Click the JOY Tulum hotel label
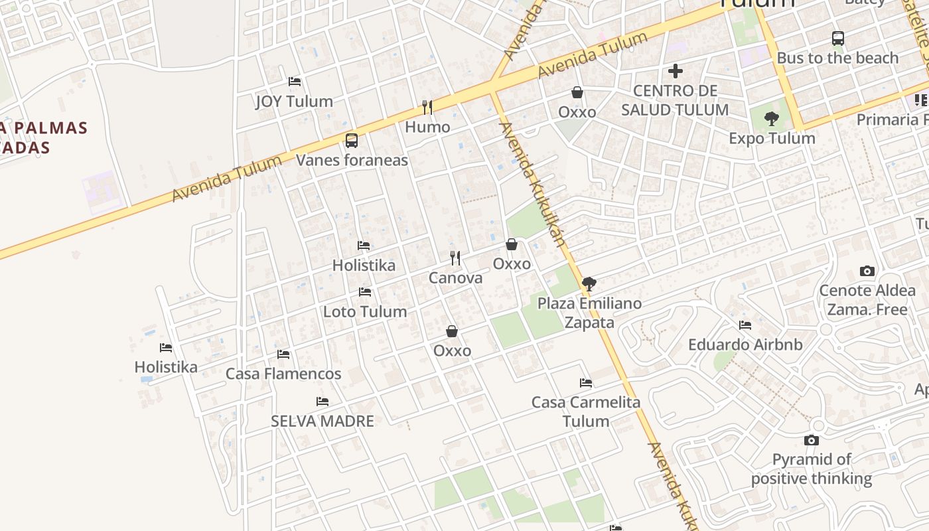294,102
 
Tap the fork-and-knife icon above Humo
427,107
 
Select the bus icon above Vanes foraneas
352,141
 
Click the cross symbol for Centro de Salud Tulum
676,71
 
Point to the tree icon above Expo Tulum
771,119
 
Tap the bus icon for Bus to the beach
838,38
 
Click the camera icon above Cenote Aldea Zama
867,271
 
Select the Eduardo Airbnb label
745,345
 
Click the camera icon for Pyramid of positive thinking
811,440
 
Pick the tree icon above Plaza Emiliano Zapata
589,285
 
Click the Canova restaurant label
455,278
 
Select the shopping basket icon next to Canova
512,245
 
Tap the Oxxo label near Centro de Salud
577,112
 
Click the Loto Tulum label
365,312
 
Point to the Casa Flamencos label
283,374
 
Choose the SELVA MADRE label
322,421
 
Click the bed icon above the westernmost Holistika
166,348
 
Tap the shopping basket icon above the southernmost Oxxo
452,331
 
